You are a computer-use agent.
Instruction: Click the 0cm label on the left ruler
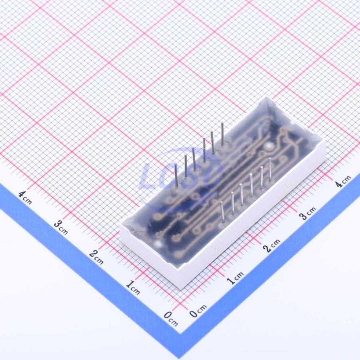[171, 318]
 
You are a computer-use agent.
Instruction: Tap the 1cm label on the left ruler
[133, 288]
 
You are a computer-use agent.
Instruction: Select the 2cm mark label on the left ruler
[96, 257]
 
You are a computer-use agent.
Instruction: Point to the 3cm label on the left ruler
[61, 227]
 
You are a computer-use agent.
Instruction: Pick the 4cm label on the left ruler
[25, 198]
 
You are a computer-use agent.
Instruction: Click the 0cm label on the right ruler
[198, 311]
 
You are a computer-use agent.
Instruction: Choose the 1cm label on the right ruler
[235, 278]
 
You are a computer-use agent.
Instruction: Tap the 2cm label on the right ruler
[272, 246]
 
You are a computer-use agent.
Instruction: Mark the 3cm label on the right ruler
[308, 213]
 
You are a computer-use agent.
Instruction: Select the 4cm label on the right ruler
[342, 181]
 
